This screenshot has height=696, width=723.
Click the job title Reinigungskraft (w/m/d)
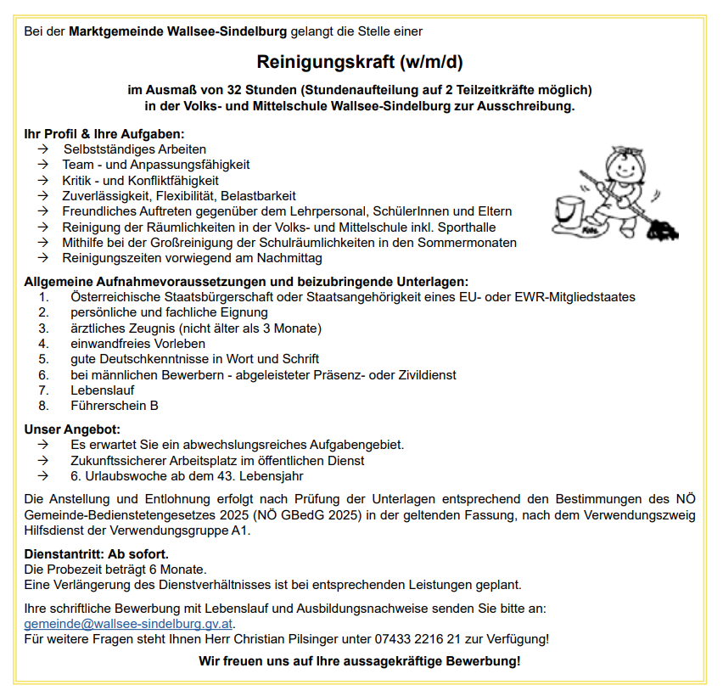pos(360,62)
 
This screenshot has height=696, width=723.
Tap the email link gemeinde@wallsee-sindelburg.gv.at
pos(128,623)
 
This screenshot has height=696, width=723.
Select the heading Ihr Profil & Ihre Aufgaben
pos(104,134)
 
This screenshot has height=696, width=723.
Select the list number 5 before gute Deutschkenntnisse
pos(43,359)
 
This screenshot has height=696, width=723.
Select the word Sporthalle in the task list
pos(462,227)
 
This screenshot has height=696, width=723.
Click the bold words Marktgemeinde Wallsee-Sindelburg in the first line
pos(177,31)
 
